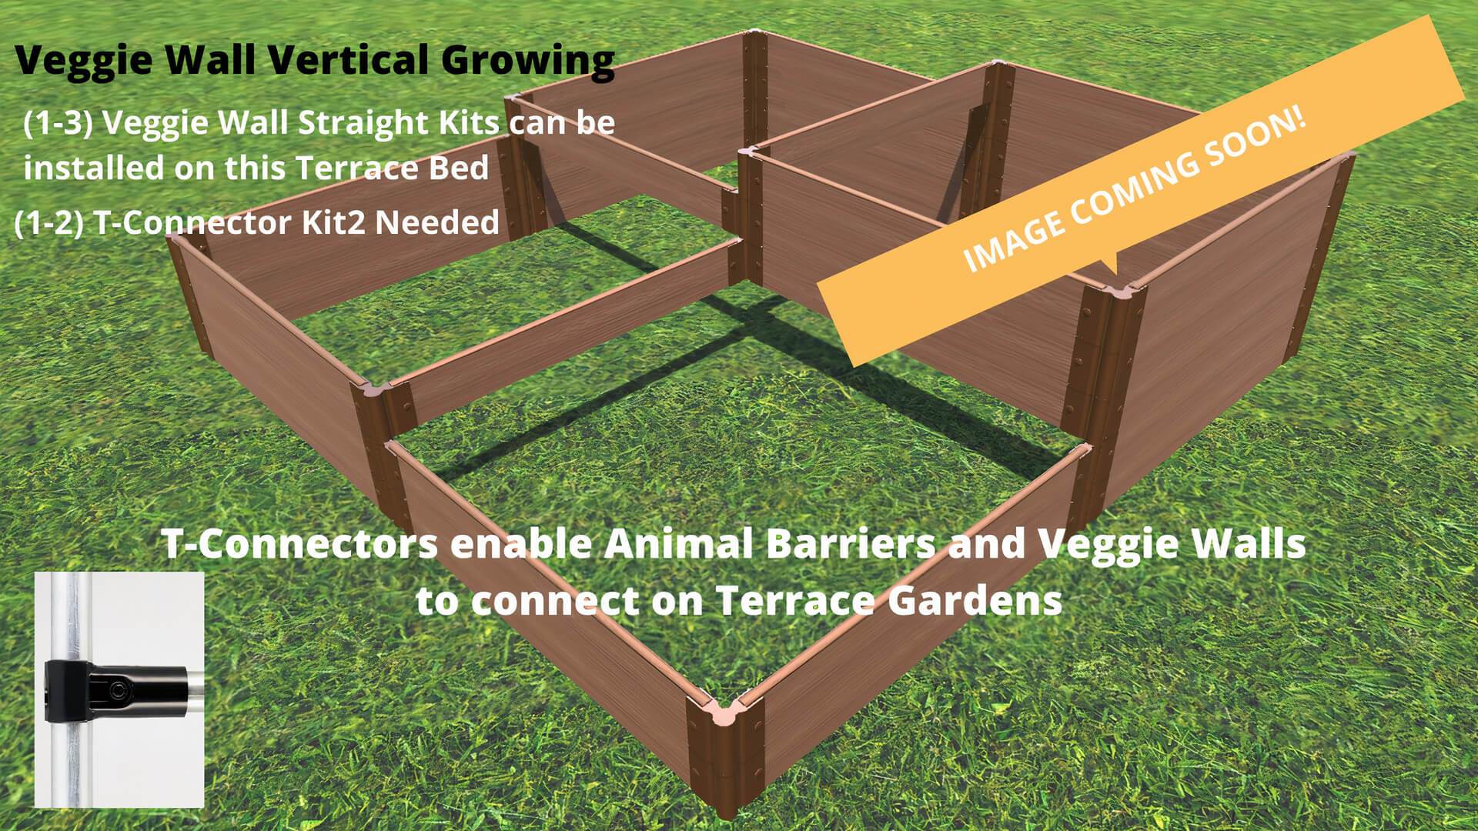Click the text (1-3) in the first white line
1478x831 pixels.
coord(59,123)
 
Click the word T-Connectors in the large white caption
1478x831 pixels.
coord(299,545)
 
